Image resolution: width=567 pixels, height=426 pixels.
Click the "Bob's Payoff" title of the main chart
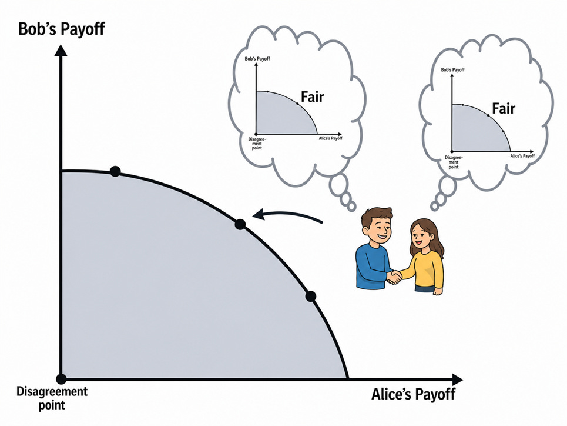(x=62, y=29)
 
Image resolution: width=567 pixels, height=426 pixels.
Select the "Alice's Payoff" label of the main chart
(x=413, y=394)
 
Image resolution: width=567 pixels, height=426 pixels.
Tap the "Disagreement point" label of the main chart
(x=52, y=398)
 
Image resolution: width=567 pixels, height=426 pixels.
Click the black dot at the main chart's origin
(x=62, y=380)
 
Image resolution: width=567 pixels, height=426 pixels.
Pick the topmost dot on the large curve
(x=115, y=171)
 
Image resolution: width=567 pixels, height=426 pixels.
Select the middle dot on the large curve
(x=240, y=225)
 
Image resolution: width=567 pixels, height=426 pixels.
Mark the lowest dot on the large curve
(x=311, y=297)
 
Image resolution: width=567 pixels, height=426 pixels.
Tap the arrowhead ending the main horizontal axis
(x=457, y=380)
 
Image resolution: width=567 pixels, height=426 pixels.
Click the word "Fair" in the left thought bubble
(x=313, y=96)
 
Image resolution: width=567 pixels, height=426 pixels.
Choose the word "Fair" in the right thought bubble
(x=504, y=108)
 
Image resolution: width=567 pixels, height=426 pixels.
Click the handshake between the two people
(x=394, y=277)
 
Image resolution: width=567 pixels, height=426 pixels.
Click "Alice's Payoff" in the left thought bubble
(x=331, y=138)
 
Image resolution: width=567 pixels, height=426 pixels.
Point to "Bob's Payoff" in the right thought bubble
(x=453, y=69)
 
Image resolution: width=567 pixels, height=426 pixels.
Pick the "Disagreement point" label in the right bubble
(x=454, y=162)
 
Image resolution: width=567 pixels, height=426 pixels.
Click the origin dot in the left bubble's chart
(x=256, y=134)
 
